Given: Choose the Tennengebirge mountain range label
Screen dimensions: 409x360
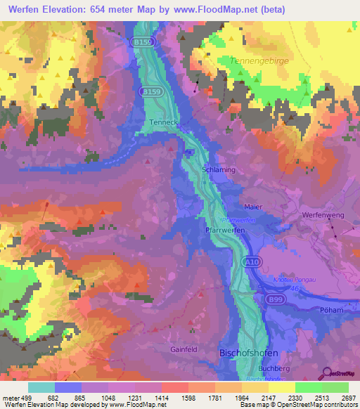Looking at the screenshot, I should (x=269, y=61).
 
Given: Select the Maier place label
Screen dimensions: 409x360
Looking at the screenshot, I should (x=253, y=207).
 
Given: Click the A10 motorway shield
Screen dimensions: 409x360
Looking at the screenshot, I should (x=250, y=261).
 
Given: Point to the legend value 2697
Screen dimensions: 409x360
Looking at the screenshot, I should (x=348, y=398).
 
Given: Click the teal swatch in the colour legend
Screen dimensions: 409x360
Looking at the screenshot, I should (x=41, y=387).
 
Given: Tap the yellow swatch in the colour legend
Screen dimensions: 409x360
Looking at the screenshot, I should (x=281, y=387).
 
